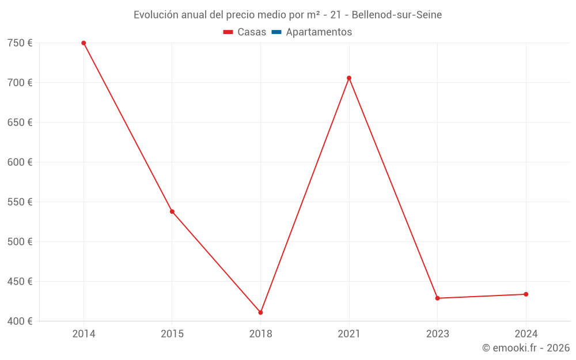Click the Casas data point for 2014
point(84,43)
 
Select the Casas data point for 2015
point(172,211)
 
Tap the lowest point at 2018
point(260,312)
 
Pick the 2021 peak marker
point(349,78)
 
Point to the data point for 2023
point(437,298)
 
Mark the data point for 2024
point(526,294)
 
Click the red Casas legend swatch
point(228,32)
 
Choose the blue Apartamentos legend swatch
point(276,32)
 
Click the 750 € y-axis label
point(20,43)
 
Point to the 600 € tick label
point(20,162)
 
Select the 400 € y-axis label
point(20,321)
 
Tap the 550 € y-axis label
point(20,202)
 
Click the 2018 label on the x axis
point(260,334)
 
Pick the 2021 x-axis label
point(349,334)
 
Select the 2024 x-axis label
point(526,334)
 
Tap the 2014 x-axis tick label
point(84,334)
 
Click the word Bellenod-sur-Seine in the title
point(397,15)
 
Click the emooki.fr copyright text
point(526,348)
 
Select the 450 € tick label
point(20,282)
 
